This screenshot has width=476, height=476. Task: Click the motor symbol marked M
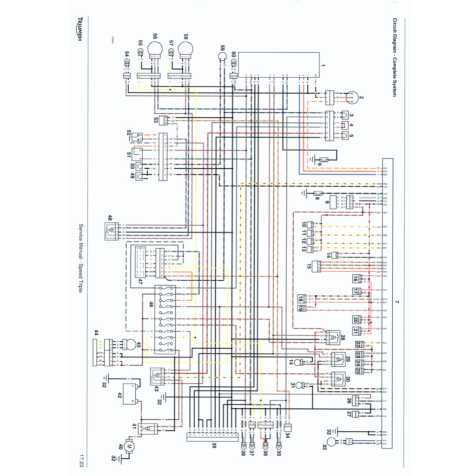tap(130, 447)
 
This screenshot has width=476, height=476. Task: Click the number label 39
tap(214, 446)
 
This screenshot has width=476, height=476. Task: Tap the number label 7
tap(397, 303)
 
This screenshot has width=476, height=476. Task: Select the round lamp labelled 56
tap(153, 48)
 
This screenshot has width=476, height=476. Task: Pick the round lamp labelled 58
tap(185, 48)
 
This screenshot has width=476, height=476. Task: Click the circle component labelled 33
tap(331, 441)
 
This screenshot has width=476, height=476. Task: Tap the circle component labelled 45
tap(132, 345)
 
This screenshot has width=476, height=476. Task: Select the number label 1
tap(324, 66)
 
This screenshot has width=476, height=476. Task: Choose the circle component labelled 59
tap(222, 56)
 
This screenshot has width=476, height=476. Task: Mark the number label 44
tap(96, 332)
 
